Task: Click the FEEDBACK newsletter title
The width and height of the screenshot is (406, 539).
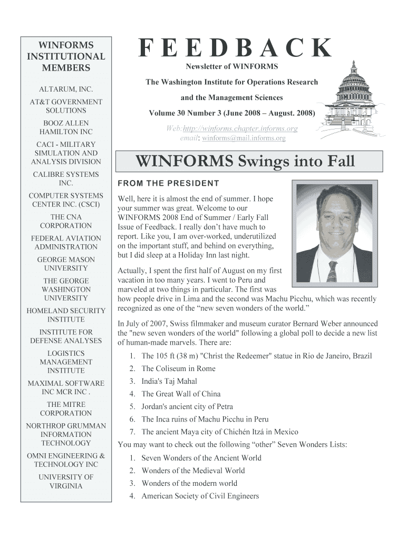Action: (x=236, y=49)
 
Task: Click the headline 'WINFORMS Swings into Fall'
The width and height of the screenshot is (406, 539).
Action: (x=245, y=162)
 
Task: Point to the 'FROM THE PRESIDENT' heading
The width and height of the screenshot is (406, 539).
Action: (x=168, y=183)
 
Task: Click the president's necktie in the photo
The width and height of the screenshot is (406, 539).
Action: (x=332, y=271)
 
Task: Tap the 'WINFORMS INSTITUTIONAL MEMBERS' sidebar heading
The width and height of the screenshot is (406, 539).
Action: (x=66, y=56)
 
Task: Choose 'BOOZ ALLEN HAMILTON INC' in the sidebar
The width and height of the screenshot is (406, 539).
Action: (x=66, y=127)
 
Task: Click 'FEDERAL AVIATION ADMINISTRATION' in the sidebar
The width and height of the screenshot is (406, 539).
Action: (x=66, y=242)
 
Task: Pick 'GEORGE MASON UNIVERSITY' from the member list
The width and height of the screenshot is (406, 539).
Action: (x=66, y=264)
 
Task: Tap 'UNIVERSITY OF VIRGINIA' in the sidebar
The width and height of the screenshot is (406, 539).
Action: (x=66, y=481)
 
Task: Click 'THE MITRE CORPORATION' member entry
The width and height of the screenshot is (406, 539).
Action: (x=66, y=408)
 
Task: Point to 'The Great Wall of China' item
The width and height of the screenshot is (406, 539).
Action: (x=181, y=394)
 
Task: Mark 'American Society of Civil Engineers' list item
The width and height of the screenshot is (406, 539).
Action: (x=200, y=496)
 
